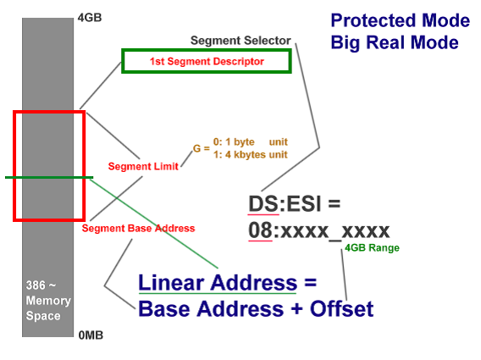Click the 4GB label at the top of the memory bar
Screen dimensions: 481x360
click(90, 18)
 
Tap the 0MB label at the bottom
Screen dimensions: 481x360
click(91, 335)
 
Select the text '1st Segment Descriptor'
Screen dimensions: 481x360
click(207, 61)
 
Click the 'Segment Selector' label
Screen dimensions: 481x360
click(240, 41)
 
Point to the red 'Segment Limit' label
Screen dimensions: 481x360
click(143, 166)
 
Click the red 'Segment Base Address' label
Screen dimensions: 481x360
click(138, 229)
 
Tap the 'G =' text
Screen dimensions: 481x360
click(202, 148)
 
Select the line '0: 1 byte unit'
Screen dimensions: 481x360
click(251, 141)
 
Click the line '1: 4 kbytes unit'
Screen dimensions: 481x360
click(251, 154)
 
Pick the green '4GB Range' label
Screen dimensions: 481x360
click(372, 247)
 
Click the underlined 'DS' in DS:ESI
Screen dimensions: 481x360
click(263, 203)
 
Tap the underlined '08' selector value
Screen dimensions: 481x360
click(260, 230)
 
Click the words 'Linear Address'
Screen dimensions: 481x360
click(218, 282)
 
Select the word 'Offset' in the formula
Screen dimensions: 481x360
click(342, 308)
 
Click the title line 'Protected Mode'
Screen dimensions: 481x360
click(401, 20)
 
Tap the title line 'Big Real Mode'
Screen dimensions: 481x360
click(395, 42)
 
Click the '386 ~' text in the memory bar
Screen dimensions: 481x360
click(41, 285)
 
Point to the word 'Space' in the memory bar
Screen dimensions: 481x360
click(43, 316)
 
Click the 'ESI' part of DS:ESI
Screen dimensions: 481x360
click(304, 203)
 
